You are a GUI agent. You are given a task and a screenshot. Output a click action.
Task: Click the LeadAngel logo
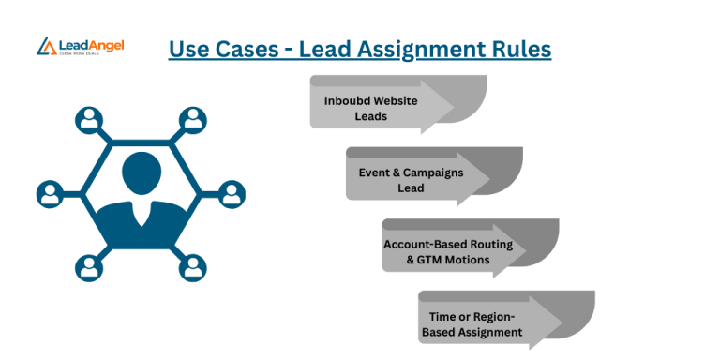click(x=80, y=45)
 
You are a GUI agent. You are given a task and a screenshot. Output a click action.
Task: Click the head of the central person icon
click(x=141, y=174)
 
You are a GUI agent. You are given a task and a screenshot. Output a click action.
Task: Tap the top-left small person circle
click(x=89, y=119)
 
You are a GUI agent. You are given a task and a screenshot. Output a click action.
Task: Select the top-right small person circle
click(x=192, y=119)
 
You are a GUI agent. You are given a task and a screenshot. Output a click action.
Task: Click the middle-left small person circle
click(x=50, y=194)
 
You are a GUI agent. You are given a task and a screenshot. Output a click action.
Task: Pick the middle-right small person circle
click(x=232, y=194)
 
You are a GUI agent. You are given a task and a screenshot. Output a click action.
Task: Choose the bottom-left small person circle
click(x=89, y=268)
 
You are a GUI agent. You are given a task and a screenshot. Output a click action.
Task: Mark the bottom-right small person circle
click(x=192, y=268)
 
